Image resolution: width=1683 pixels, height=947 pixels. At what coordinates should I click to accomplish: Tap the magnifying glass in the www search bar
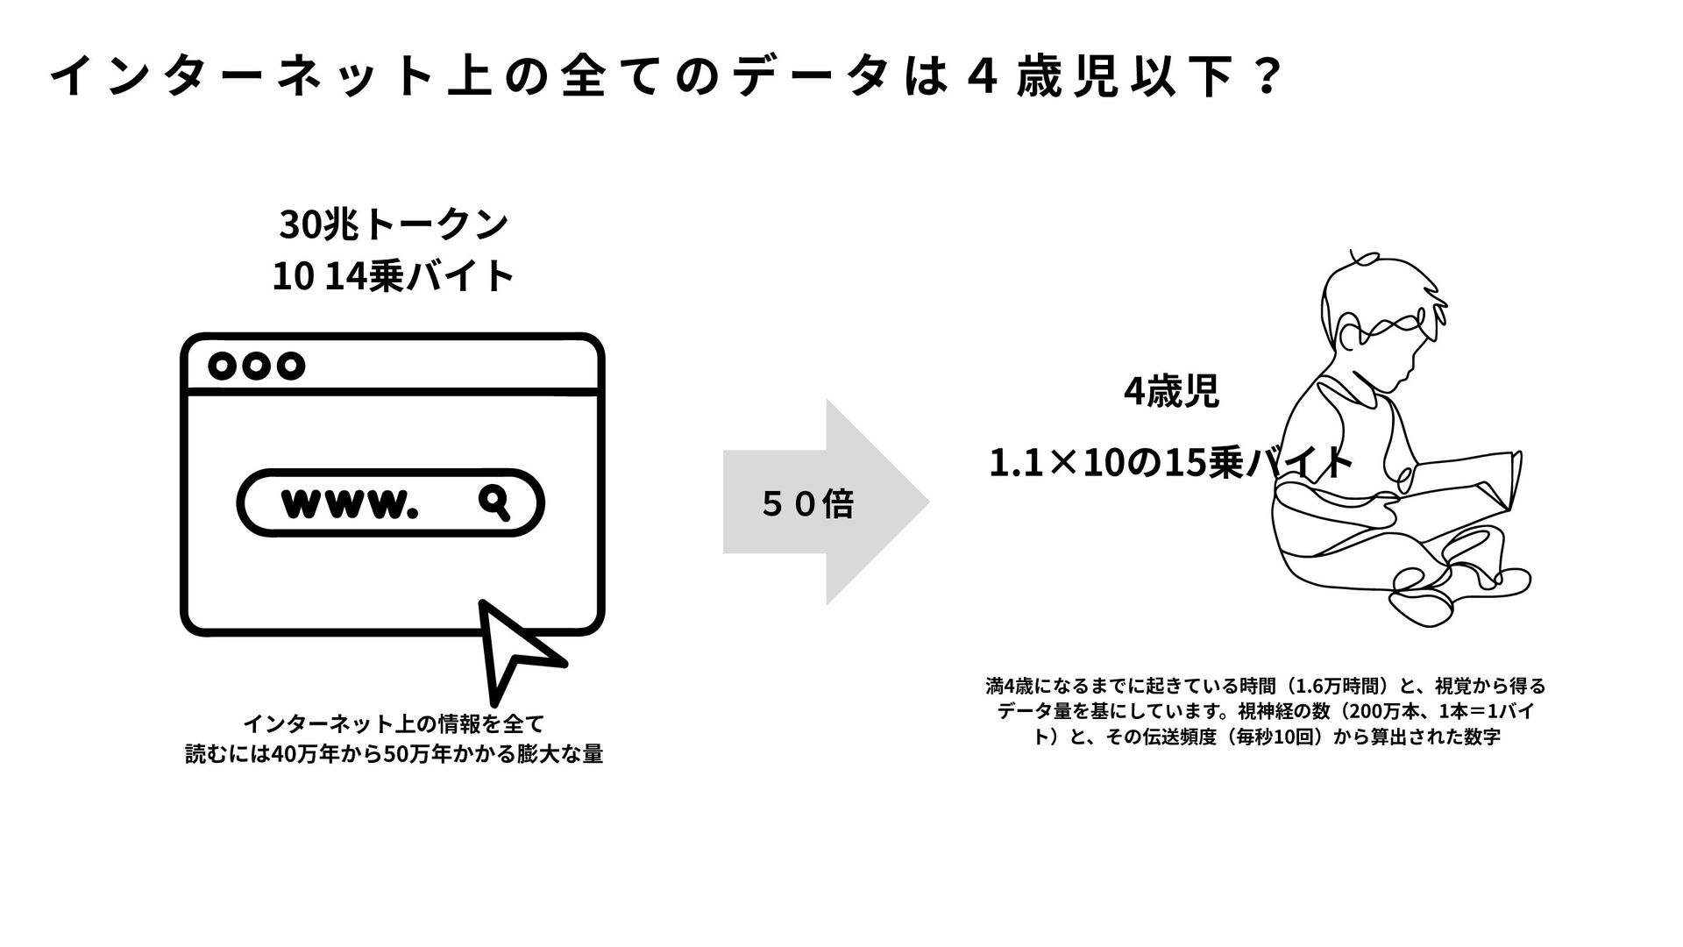point(495,502)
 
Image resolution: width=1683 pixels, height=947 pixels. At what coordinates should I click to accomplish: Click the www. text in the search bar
point(348,503)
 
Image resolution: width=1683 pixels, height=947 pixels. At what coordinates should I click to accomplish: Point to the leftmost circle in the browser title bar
point(224,366)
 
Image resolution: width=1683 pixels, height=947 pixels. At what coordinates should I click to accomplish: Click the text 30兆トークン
point(393,224)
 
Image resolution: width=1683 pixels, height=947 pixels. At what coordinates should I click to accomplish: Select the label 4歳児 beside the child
point(1171,392)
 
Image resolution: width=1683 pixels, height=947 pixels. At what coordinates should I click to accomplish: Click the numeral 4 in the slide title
point(982,79)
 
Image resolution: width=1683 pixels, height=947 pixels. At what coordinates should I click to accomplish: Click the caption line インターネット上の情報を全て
point(393,724)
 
